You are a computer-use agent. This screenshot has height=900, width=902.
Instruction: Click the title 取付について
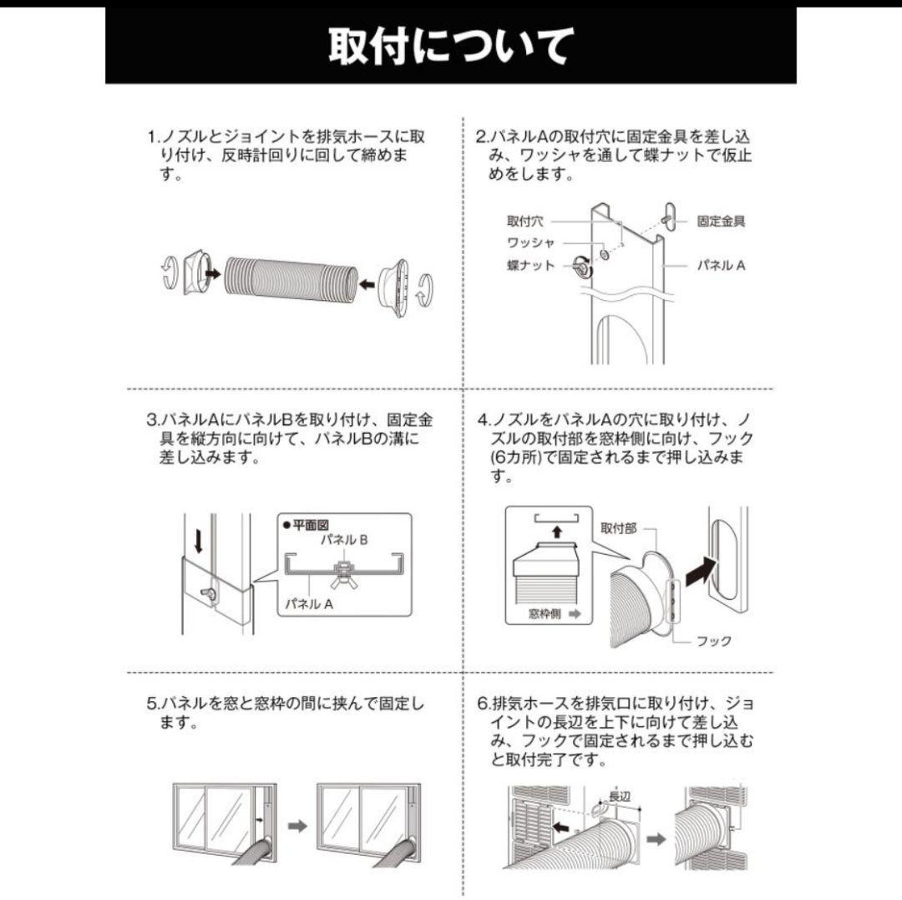(x=450, y=46)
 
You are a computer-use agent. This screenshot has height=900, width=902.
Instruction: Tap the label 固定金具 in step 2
(x=721, y=221)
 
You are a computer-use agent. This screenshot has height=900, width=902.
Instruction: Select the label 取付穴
(x=524, y=221)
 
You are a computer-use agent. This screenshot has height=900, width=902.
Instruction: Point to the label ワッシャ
(x=530, y=243)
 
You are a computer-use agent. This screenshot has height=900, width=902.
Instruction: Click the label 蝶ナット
(x=530, y=266)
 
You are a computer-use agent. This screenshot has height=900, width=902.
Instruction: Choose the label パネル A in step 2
(x=721, y=265)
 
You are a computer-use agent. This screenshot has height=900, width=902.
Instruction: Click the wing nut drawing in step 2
(x=580, y=267)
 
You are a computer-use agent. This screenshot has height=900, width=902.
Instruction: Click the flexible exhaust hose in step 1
(x=288, y=277)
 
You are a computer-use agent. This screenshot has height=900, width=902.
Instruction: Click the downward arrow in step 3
(x=199, y=542)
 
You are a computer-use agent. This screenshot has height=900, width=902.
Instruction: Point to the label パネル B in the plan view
(x=345, y=540)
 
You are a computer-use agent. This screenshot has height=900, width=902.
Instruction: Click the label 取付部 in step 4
(x=618, y=528)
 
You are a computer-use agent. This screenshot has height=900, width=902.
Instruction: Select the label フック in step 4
(x=713, y=641)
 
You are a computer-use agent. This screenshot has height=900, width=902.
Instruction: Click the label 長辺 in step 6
(x=619, y=796)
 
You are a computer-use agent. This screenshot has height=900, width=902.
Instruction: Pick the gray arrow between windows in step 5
(x=296, y=826)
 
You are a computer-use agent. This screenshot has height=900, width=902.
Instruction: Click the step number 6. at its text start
(x=482, y=704)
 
